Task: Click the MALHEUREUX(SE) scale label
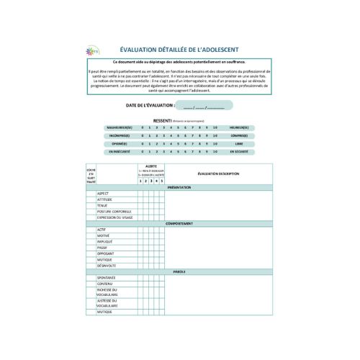(x=119, y=127)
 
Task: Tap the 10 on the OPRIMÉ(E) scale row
(x=215, y=143)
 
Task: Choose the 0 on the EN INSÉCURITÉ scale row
(x=143, y=152)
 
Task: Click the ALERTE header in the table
(x=151, y=166)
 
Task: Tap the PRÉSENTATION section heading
(x=179, y=187)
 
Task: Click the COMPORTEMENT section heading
(x=179, y=223)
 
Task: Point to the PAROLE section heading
(x=179, y=271)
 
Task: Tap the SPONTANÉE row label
(x=107, y=278)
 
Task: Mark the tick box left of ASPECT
(x=91, y=193)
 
